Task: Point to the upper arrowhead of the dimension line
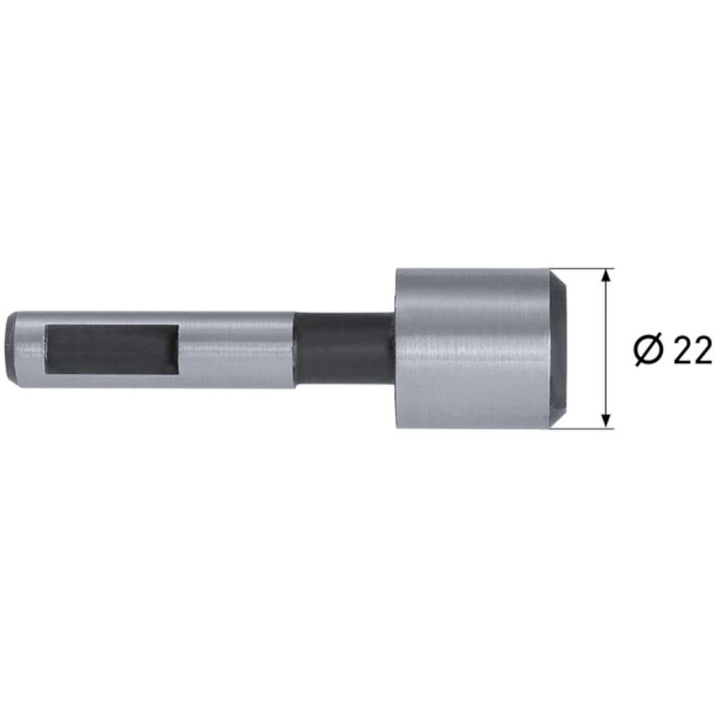(x=606, y=275)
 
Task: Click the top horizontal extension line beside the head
(x=583, y=269)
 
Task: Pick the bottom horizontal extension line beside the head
(x=583, y=429)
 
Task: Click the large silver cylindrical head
(x=472, y=349)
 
